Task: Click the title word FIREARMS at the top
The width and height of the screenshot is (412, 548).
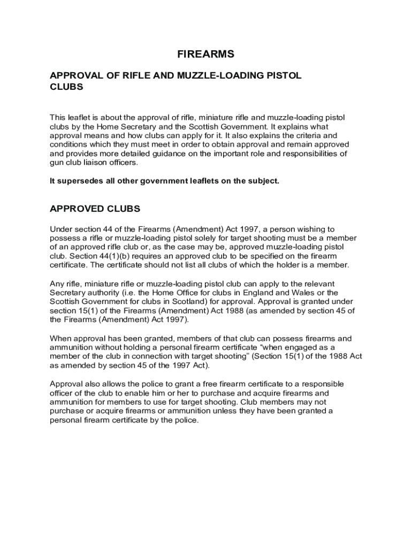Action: point(205,54)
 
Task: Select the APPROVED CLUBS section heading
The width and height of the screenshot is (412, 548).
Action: point(95,208)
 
